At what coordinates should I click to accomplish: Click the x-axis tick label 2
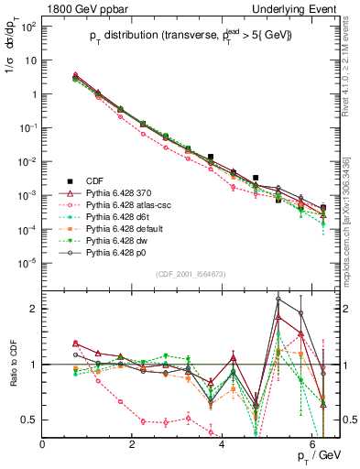tap(133, 444)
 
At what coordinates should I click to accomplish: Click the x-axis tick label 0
tap(43, 444)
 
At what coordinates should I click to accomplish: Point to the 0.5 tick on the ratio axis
tap(31, 420)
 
